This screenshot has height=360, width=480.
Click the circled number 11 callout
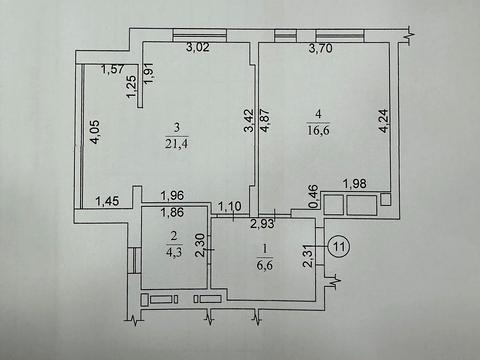[339, 247]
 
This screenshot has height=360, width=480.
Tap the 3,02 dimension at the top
[198, 47]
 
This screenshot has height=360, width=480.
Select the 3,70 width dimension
[320, 49]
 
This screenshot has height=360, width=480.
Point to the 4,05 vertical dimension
[95, 132]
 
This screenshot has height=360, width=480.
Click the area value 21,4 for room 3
[177, 144]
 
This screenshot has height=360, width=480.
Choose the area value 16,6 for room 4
[318, 130]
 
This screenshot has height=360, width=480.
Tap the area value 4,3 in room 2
[174, 252]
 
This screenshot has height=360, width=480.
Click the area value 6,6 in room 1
[265, 265]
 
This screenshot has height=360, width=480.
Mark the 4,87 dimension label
[265, 121]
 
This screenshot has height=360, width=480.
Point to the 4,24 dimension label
[384, 121]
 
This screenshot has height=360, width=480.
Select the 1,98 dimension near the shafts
[355, 183]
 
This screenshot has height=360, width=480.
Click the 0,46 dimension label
[314, 197]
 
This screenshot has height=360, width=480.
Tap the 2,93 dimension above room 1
[263, 223]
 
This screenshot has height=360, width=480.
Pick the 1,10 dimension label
[229, 206]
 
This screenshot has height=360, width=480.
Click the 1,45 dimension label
[107, 201]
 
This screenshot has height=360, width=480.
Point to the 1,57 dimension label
[112, 69]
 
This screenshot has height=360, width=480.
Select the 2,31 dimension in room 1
[308, 256]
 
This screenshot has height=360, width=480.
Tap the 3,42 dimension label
[250, 121]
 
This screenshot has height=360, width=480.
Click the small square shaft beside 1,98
[386, 199]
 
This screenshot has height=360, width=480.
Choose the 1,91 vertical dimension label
[149, 72]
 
